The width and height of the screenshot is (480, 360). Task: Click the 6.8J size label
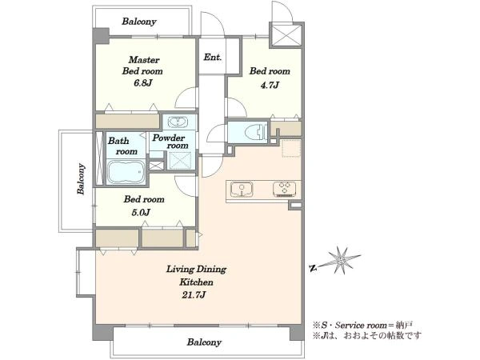pos(143,83)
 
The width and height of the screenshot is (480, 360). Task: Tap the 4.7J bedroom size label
pos(270,85)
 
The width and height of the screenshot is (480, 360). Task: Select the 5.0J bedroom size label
pos(141,213)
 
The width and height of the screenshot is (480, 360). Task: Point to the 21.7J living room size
pos(193,295)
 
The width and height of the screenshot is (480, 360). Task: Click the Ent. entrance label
pos(213,58)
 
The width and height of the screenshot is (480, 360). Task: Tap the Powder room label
pos(170,142)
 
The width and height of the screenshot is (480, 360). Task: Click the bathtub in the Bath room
pos(126,172)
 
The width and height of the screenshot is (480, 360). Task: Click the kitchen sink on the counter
pos(242,189)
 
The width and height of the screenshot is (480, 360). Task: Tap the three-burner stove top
pos(284,189)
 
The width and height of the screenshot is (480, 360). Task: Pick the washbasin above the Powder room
pos(178,122)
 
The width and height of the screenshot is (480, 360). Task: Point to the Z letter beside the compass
pos(313,269)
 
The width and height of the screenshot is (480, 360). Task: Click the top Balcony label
pos(139,22)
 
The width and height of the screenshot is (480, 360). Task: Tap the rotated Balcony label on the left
pos(81,179)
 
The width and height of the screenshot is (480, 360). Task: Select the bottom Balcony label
pos(204,342)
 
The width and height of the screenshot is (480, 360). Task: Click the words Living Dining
pos(196,270)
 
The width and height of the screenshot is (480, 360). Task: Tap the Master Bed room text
pos(142,66)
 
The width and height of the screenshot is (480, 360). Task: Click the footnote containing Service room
pos(362,325)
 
